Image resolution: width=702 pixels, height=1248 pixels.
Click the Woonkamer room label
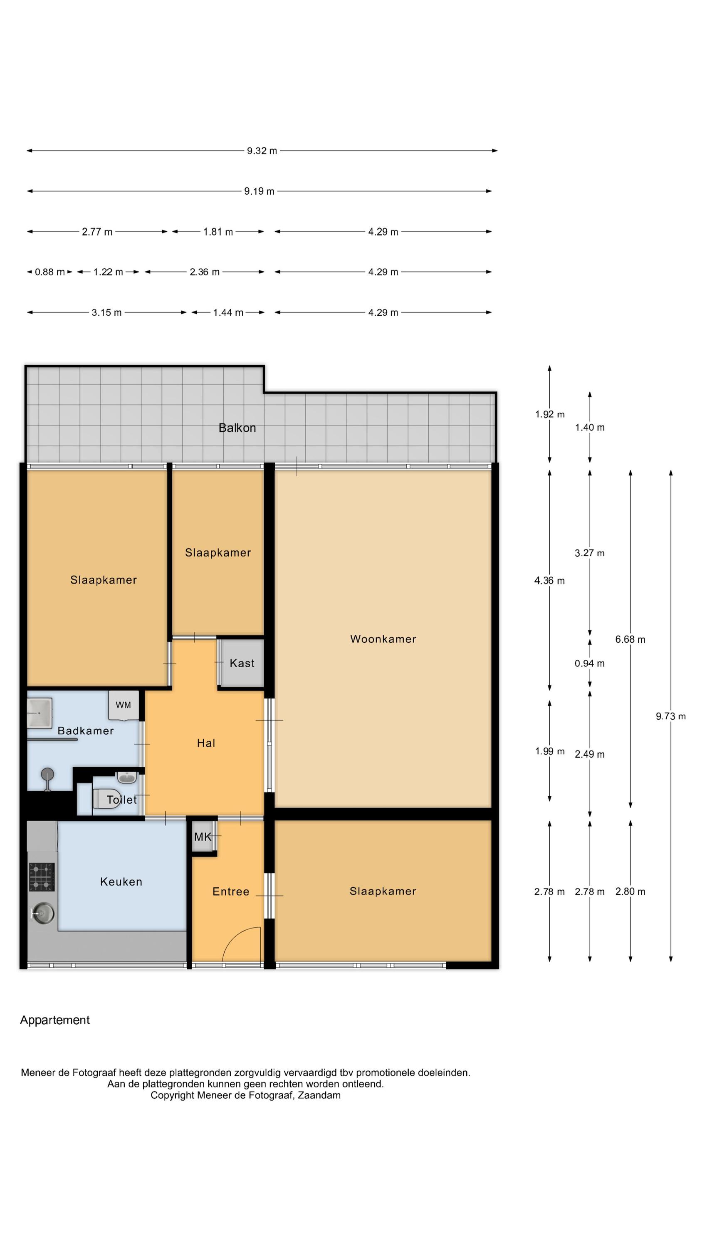tap(383, 639)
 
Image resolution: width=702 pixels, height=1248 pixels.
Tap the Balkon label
tap(237, 428)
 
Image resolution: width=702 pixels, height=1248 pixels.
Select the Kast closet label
tap(242, 663)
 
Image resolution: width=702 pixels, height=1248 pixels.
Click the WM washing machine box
tap(124, 705)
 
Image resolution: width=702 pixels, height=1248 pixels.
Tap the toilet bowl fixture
tap(103, 799)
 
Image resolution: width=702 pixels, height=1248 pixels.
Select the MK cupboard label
tap(203, 837)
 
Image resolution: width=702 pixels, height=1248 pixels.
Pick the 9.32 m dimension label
tap(262, 151)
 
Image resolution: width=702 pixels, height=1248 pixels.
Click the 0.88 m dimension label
tap(49, 272)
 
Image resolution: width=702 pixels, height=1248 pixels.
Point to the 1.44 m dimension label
tap(228, 312)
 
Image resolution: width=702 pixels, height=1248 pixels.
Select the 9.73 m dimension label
tap(670, 716)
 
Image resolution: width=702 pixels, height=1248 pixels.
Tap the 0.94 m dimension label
tap(590, 663)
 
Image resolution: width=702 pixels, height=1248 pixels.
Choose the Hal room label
tap(206, 743)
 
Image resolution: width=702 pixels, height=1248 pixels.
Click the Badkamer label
tap(85, 730)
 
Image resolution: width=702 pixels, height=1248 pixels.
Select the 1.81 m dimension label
tap(218, 232)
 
